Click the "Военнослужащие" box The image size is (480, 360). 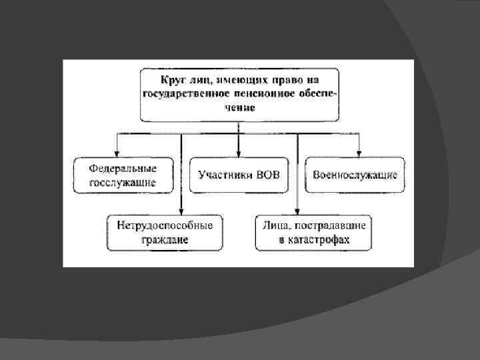click(355, 175)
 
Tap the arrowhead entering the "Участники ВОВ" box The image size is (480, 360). click(239, 153)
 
